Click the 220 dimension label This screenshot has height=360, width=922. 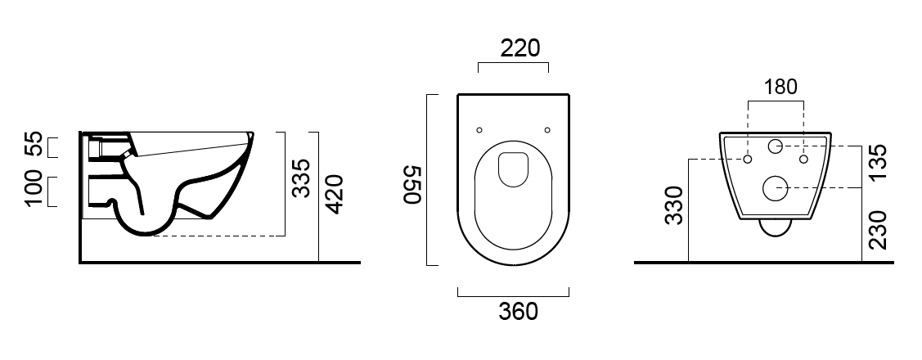519,48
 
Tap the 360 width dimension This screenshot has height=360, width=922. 518,312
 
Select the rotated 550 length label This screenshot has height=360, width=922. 413,184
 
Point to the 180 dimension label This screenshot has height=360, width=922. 780,87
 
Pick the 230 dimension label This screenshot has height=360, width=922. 877,230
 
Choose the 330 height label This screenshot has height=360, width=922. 674,205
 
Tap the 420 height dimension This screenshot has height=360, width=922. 334,194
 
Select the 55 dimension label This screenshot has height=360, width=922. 34,144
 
